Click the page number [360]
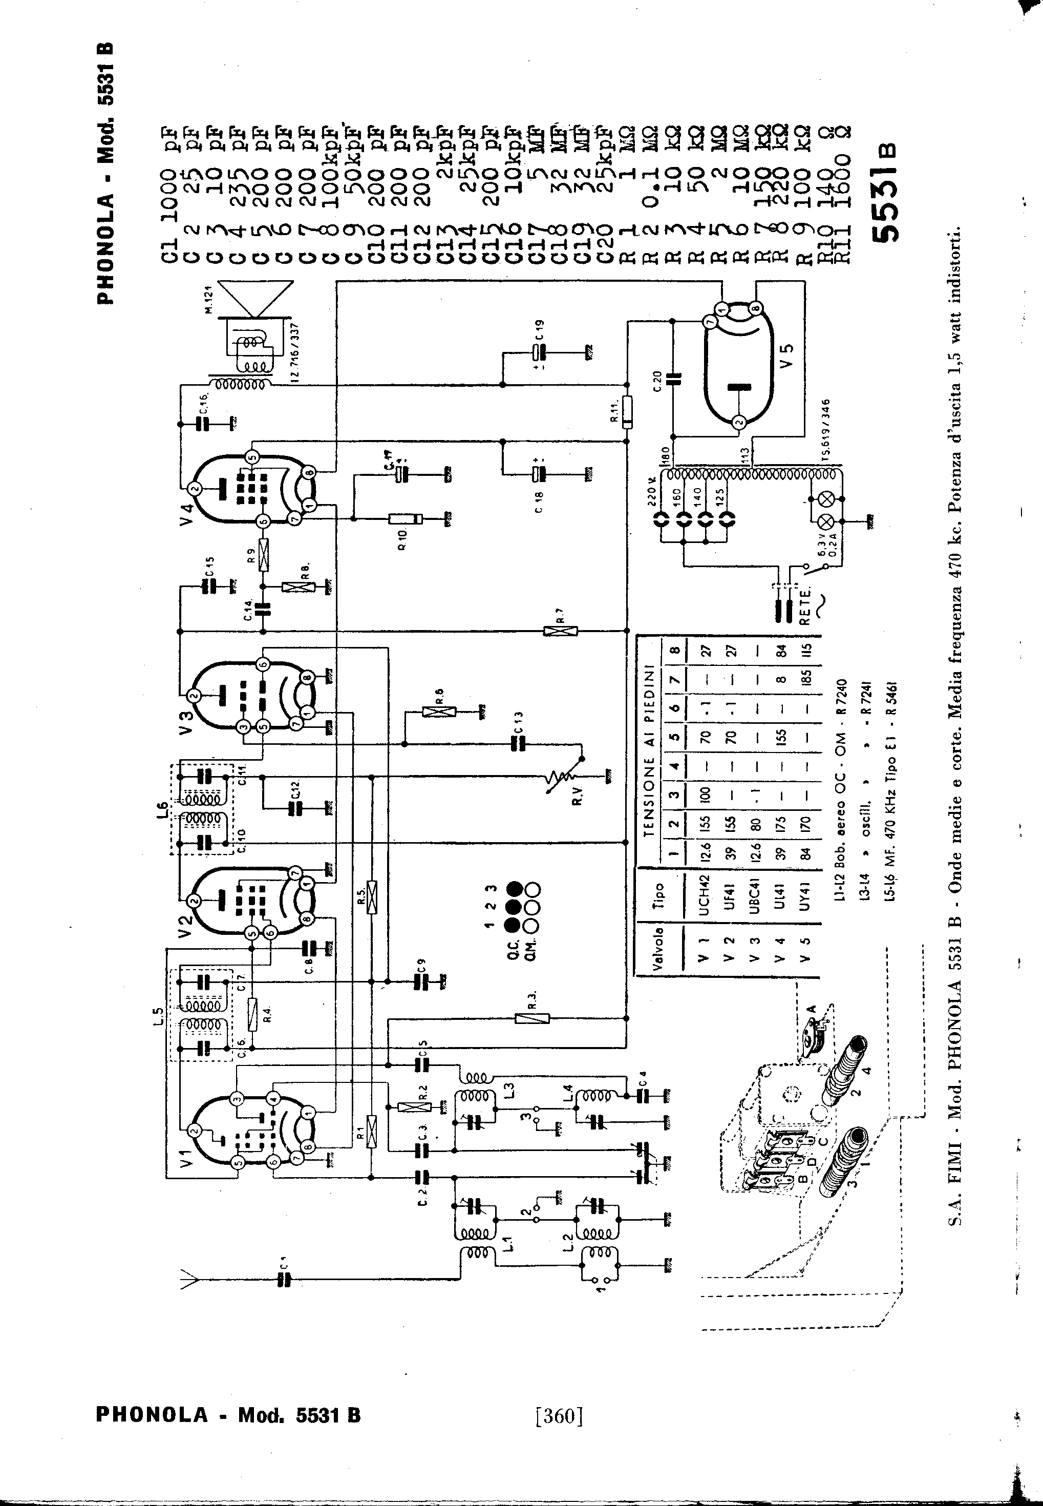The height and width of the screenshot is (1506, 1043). click(x=558, y=1415)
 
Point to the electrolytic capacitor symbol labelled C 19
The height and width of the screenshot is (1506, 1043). click(x=537, y=353)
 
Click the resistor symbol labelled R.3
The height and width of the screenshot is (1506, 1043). click(x=533, y=1018)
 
